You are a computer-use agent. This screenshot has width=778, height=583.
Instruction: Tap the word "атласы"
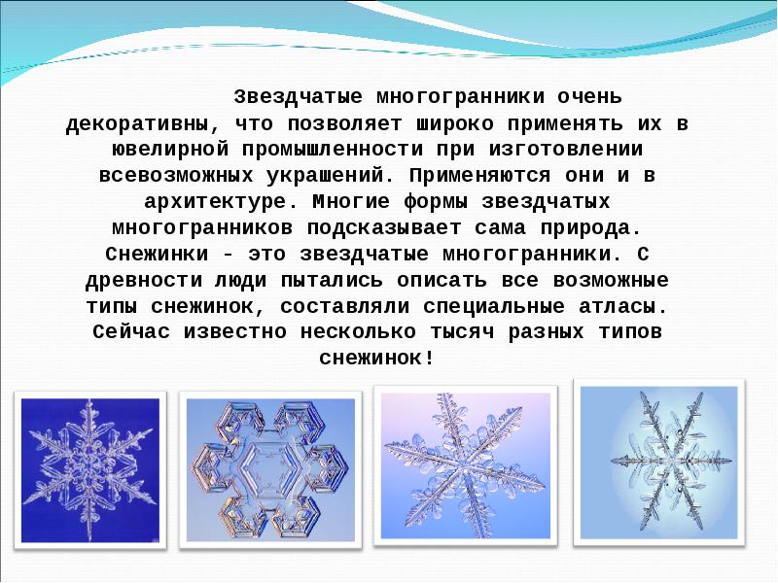tap(628, 306)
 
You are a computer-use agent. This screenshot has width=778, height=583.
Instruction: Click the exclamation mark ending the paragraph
tap(429, 360)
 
